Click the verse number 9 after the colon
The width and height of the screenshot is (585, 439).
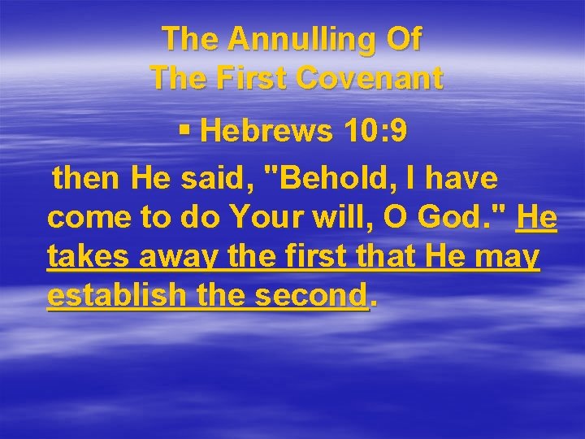pyautogui.click(x=399, y=133)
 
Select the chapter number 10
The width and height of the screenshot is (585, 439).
pyautogui.click(x=353, y=133)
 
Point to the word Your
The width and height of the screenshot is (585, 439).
pyautogui.click(x=266, y=218)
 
